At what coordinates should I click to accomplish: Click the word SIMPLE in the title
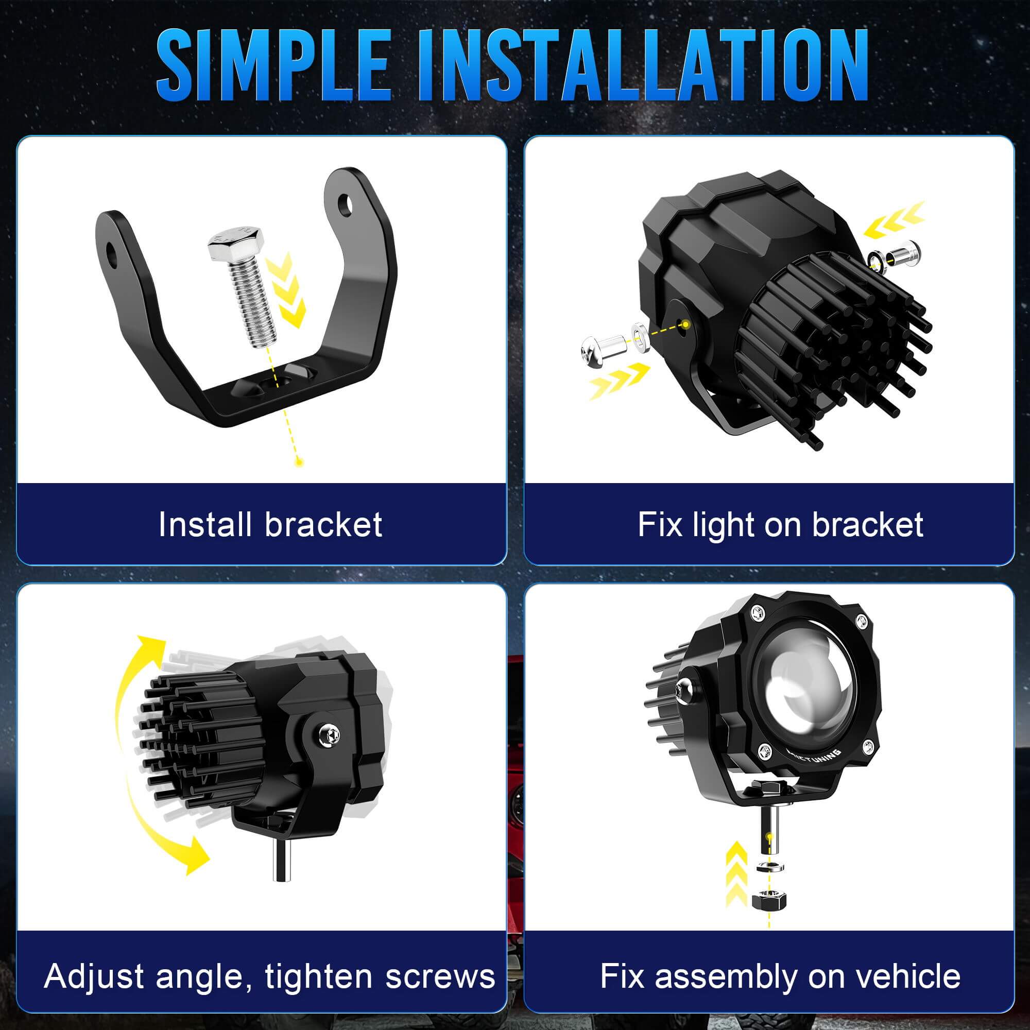pos(272,65)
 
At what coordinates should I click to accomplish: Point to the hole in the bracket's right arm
pos(347,203)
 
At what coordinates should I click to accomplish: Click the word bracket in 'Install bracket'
pos(323,525)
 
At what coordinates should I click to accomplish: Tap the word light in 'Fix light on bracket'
pos(724,525)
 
